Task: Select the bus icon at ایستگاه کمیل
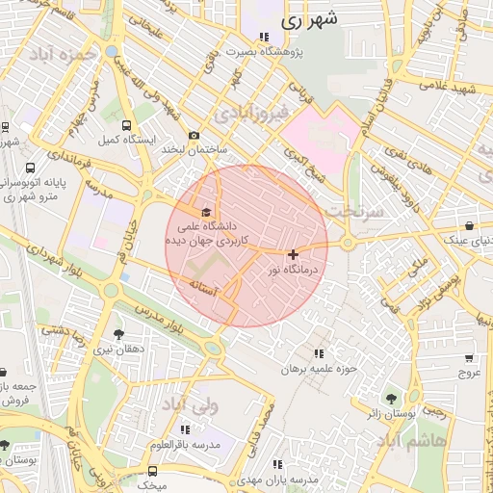[127, 125]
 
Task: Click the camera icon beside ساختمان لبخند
[194, 136]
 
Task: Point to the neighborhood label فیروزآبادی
[251, 115]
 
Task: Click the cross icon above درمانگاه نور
[293, 254]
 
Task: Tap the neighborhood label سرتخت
[355, 208]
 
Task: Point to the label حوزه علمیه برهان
[319, 368]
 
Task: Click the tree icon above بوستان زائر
[391, 399]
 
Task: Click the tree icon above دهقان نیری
[118, 334]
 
